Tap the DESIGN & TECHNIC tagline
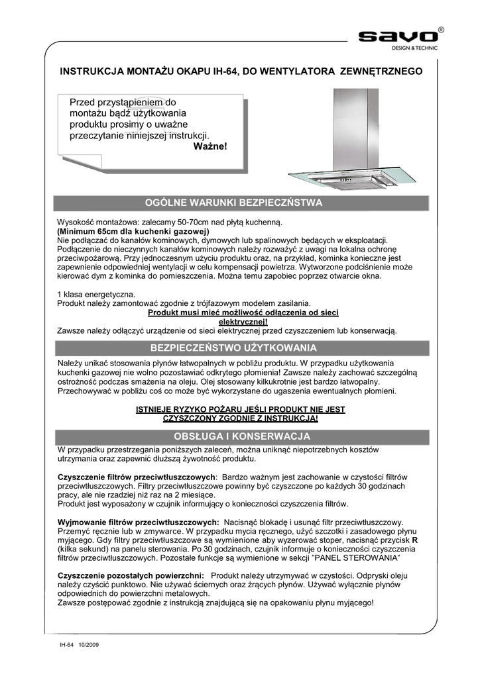[x=414, y=48]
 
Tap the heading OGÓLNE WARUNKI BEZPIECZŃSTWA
[x=233, y=203]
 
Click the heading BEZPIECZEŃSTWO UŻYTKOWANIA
[x=233, y=348]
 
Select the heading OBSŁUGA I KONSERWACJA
[x=233, y=437]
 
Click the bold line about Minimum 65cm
[x=133, y=231]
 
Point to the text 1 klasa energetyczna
[x=96, y=294]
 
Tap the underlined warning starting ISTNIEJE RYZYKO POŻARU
[x=240, y=414]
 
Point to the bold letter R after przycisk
[x=415, y=540]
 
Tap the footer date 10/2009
[x=88, y=644]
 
